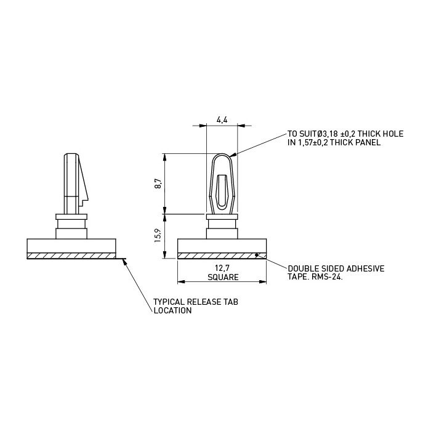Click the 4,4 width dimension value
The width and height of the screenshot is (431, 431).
pos(222,120)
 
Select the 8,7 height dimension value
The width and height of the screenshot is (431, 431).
pos(158,183)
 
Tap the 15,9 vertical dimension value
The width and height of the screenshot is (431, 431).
pos(158,236)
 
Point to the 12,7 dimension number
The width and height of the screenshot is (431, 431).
pos(222,268)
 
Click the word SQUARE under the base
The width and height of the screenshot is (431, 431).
pos(223,277)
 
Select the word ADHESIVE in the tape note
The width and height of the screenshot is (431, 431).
pos(366,268)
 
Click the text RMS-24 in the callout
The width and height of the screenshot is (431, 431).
pos(326,277)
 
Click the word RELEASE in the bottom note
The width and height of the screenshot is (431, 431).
pos(204,302)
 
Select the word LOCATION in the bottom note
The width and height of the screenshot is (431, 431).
pos(172,310)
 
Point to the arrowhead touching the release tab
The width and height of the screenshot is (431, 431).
pos(124,262)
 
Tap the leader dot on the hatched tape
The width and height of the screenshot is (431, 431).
pos(256,255)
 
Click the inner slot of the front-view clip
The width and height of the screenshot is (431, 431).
pos(222,191)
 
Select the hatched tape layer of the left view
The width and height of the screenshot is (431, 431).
pos(71,256)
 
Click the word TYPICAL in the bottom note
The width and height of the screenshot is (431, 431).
pos(169,302)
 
